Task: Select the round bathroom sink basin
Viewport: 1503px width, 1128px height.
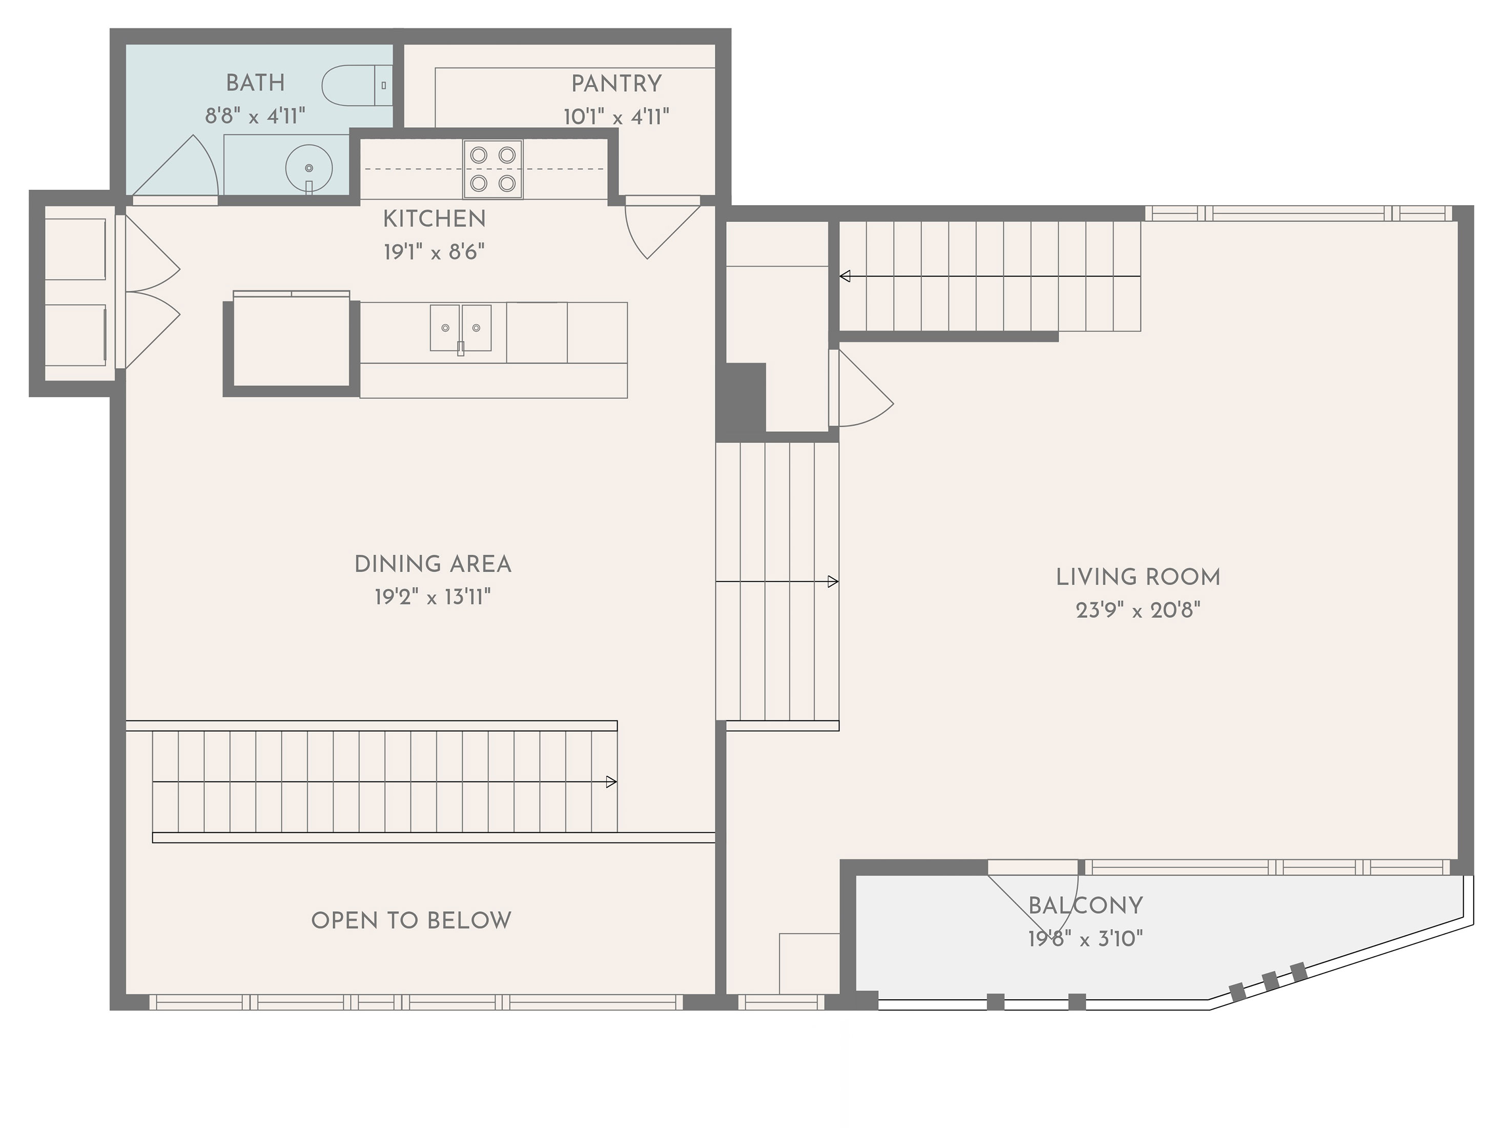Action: pyautogui.click(x=309, y=167)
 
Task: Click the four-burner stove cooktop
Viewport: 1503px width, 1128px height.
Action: pyautogui.click(x=492, y=169)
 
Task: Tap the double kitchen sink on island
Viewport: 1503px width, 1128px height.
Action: pyautogui.click(x=460, y=328)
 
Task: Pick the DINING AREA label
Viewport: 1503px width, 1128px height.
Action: pyautogui.click(x=433, y=565)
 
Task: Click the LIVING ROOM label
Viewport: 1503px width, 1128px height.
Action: pyautogui.click(x=1138, y=577)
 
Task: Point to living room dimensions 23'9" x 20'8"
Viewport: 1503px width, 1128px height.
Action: pyautogui.click(x=1138, y=611)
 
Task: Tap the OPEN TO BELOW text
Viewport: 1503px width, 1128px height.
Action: pyautogui.click(x=411, y=921)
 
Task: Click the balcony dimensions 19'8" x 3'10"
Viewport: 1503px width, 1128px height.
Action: pyautogui.click(x=1085, y=939)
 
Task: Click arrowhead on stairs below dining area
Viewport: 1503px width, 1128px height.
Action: pyautogui.click(x=611, y=782)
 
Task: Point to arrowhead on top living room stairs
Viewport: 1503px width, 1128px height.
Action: pyautogui.click(x=845, y=276)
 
